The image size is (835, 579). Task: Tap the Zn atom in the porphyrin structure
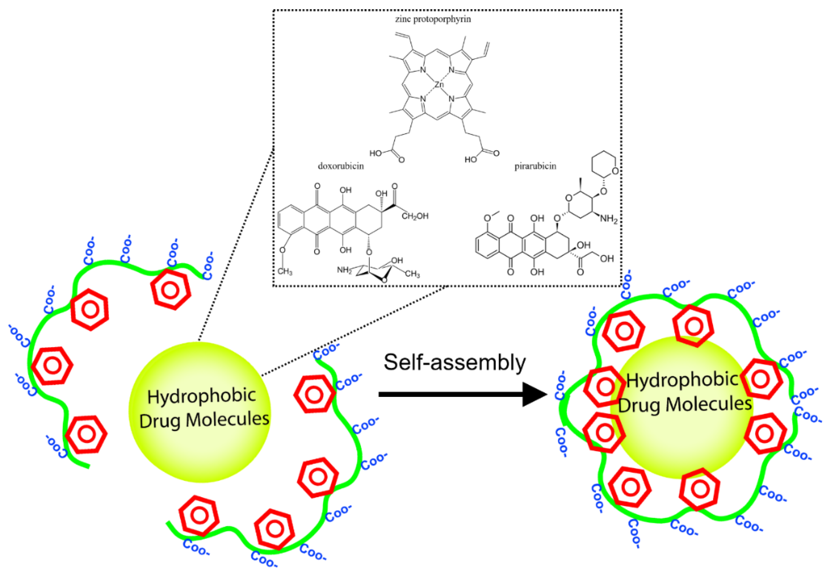[x=439, y=84]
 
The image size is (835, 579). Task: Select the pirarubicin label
[x=535, y=166]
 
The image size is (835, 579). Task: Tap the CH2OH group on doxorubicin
[x=415, y=216]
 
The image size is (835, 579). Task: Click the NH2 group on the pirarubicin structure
[x=608, y=219]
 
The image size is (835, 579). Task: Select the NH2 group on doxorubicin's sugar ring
[x=344, y=270]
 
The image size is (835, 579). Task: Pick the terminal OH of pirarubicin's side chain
[x=607, y=259]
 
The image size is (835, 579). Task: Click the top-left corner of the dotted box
[x=273, y=10]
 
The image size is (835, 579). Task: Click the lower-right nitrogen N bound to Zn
[x=451, y=99]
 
